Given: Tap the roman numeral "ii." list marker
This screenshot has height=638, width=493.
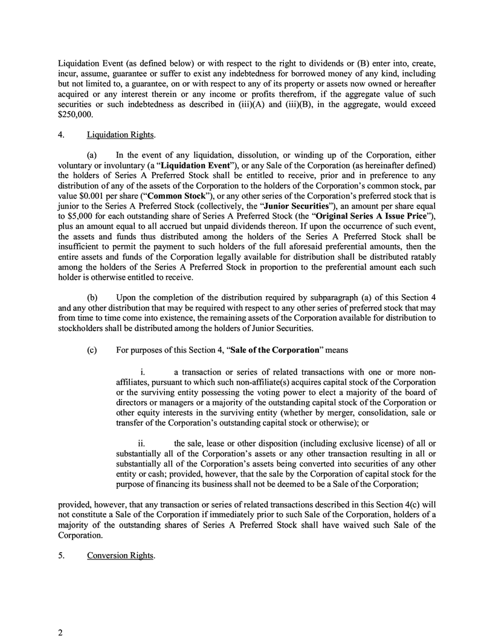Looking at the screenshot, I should (142, 443).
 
